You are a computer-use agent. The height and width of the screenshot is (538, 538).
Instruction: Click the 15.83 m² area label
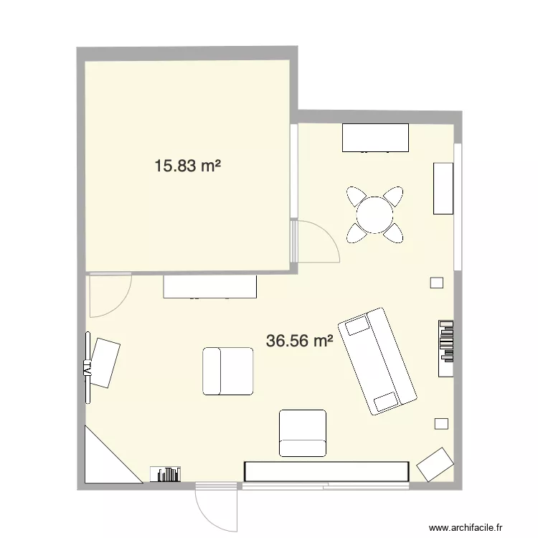[187, 166]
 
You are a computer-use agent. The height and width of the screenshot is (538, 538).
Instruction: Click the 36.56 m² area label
[299, 341]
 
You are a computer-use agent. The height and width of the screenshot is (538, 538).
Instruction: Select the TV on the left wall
[88, 367]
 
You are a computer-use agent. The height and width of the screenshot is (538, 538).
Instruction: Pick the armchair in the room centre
[228, 371]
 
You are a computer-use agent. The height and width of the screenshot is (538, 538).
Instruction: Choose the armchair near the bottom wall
[302, 433]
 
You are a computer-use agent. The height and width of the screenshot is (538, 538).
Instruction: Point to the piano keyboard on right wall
[446, 348]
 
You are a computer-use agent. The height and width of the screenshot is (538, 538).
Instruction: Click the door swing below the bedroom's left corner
[108, 295]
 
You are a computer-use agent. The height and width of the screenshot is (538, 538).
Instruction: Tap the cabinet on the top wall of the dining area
[375, 138]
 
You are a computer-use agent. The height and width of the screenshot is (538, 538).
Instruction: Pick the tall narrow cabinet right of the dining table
[443, 187]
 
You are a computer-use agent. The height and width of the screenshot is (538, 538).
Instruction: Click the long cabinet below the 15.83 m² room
[210, 287]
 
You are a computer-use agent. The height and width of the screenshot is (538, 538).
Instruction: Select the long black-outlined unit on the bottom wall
[326, 471]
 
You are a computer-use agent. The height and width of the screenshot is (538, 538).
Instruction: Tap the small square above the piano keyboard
[436, 283]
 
